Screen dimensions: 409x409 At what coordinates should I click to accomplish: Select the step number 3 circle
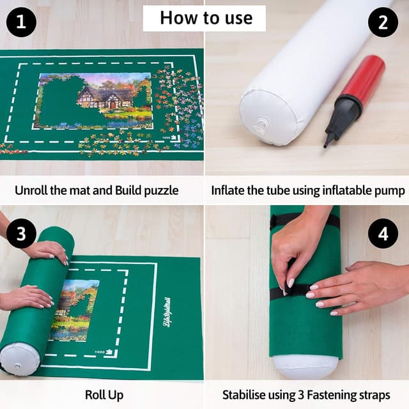(21, 234)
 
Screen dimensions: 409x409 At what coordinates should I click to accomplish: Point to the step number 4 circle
(383, 234)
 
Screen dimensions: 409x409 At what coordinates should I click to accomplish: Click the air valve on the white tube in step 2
(260, 126)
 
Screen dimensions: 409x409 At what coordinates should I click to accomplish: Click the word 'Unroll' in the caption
(35, 190)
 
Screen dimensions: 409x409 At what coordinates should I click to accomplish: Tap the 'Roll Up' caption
(104, 395)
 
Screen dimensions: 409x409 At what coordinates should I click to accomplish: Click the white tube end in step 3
(20, 358)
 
